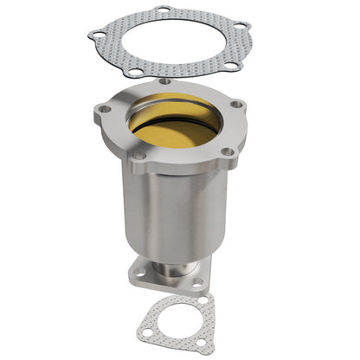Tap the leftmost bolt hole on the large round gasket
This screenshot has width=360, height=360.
click(98, 35)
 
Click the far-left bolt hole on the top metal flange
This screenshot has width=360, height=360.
click(104, 109)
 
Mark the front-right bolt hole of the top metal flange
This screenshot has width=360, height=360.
click(227, 152)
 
